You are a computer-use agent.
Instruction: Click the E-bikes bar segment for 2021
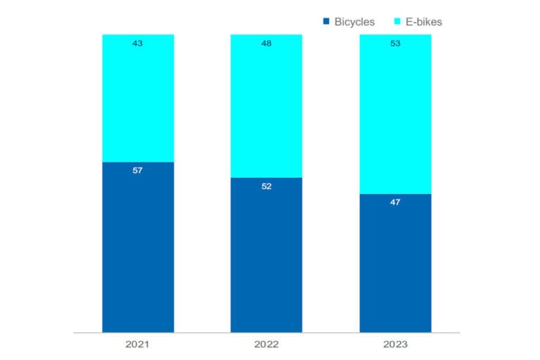138,98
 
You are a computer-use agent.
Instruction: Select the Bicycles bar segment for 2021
138,247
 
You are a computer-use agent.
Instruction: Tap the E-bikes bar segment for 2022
266,106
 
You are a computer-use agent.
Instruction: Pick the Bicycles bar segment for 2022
266,255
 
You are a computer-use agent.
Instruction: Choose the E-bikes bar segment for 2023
395,114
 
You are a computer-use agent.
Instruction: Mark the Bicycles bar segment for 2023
395,263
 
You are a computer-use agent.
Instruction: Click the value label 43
137,44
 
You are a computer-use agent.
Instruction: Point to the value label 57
137,170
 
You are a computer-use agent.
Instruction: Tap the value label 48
266,44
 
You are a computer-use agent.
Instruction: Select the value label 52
266,186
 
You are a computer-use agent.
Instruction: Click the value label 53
395,44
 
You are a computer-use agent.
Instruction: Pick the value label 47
395,202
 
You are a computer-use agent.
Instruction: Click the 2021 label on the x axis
137,344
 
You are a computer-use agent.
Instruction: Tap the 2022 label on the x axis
266,344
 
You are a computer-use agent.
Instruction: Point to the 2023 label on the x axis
395,344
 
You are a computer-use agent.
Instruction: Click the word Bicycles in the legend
354,22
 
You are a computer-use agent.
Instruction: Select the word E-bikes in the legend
423,22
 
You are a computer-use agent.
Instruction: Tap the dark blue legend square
326,21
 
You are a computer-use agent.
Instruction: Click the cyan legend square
397,21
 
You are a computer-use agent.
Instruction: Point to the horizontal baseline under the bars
266,333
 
